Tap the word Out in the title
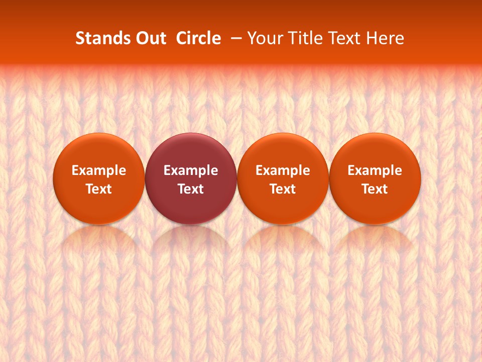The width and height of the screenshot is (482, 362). tap(149, 38)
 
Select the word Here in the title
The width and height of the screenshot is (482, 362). tap(385, 38)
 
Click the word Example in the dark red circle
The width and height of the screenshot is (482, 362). tap(191, 170)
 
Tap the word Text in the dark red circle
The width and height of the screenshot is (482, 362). tap(191, 189)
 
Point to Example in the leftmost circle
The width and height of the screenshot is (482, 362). tap(99, 170)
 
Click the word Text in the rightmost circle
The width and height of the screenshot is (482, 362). tap(375, 189)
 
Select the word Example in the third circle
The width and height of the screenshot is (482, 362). tap(283, 170)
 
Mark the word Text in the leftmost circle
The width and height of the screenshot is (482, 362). tap(99, 189)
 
